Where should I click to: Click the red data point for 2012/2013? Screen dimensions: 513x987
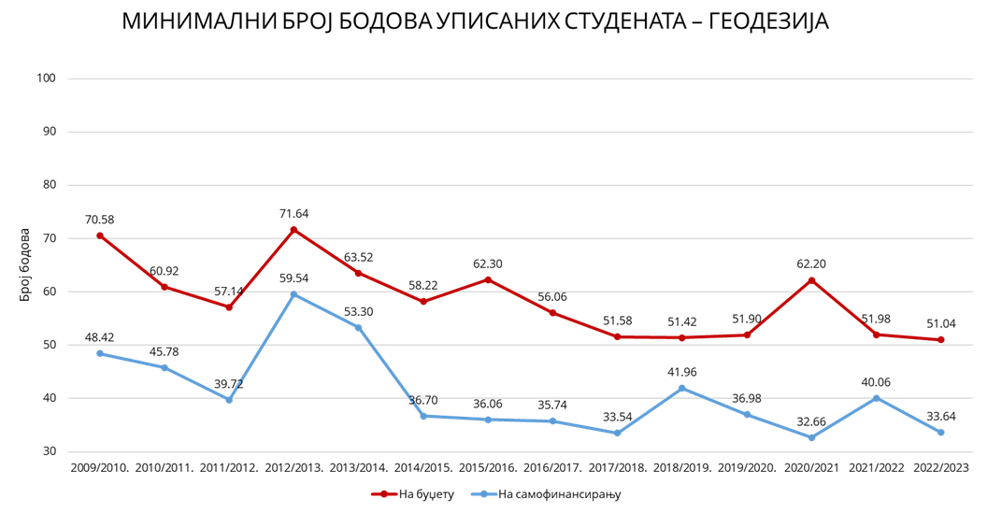pyautogui.click(x=293, y=230)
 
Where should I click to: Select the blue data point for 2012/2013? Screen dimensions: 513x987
pyautogui.click(x=293, y=294)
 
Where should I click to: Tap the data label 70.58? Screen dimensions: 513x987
pyautogui.click(x=99, y=220)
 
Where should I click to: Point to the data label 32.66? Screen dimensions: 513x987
pyautogui.click(x=811, y=420)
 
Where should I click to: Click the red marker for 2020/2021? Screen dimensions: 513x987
pyautogui.click(x=811, y=280)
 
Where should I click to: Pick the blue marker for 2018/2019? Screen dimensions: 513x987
pyautogui.click(x=682, y=388)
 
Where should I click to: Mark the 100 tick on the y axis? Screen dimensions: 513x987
pyautogui.click(x=48, y=78)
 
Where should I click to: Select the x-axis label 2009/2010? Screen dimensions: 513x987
pyautogui.click(x=99, y=466)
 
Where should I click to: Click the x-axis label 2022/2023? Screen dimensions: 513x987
pyautogui.click(x=940, y=466)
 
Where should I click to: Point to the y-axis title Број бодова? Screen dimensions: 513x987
pyautogui.click(x=25, y=264)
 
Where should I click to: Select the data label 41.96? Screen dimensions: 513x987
pyautogui.click(x=682, y=372)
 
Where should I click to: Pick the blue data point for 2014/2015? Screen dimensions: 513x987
pyautogui.click(x=423, y=416)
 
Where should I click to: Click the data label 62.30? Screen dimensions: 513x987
pyautogui.click(x=488, y=264)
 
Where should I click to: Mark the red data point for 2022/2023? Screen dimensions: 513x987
pyautogui.click(x=940, y=340)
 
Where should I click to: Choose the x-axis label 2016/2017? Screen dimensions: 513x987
pyautogui.click(x=552, y=466)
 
